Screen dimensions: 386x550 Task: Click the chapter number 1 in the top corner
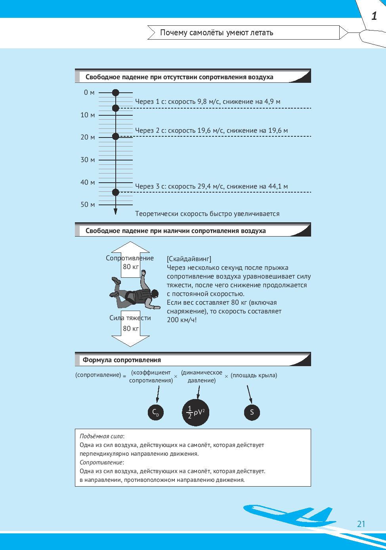[x=374, y=16]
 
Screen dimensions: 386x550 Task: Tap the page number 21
[x=361, y=524]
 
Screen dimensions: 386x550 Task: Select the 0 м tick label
[x=89, y=92]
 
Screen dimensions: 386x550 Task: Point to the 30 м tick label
[x=88, y=160]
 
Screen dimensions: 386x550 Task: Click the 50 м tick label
[x=88, y=204]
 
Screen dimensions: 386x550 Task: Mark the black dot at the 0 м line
[x=116, y=93]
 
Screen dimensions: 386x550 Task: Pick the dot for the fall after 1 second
[x=116, y=108]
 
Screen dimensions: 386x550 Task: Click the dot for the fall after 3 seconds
[x=116, y=192]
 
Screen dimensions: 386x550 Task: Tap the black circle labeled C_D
[x=156, y=412]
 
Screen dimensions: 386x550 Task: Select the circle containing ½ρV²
[x=196, y=412]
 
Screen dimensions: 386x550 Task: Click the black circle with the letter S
[x=252, y=412]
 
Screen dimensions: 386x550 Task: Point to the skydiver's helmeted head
[x=155, y=293]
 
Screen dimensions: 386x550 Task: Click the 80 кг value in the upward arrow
[x=131, y=267]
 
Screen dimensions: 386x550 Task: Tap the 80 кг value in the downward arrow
[x=131, y=328]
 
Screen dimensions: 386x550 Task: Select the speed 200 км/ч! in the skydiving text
[x=182, y=320]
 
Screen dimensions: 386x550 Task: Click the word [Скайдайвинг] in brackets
[x=189, y=259]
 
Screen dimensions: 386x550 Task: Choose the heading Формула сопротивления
[x=122, y=360]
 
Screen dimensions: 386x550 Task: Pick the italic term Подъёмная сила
[x=101, y=436]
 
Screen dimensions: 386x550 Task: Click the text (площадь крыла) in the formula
[x=254, y=375]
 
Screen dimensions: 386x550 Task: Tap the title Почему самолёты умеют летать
[x=216, y=32]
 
